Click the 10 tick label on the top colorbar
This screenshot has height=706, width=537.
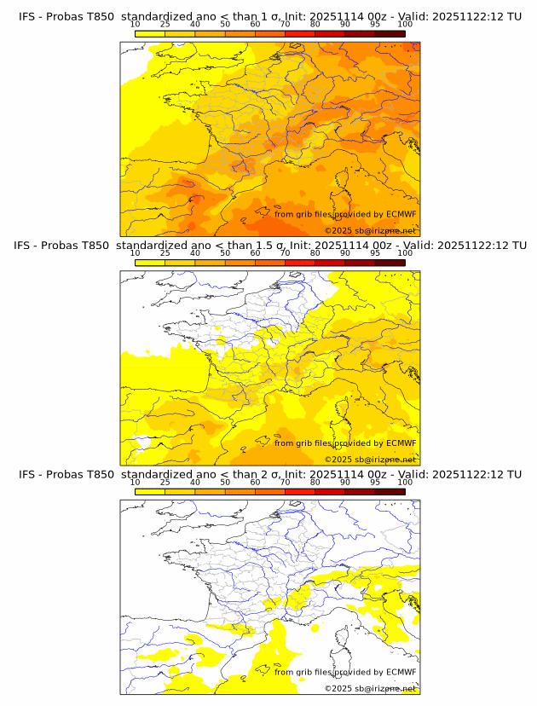135,25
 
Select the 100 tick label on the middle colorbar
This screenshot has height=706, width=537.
405,253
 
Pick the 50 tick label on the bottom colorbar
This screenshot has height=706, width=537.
225,483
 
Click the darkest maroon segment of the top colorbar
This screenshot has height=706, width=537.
390,33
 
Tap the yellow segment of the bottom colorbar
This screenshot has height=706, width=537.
149,491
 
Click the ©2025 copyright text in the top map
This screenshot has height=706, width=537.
370,231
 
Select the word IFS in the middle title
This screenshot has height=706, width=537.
26,246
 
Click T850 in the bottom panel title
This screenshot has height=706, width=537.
100,474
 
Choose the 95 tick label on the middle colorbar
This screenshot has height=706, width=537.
375,253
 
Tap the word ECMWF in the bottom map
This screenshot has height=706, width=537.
401,672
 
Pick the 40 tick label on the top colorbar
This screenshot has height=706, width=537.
195,25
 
